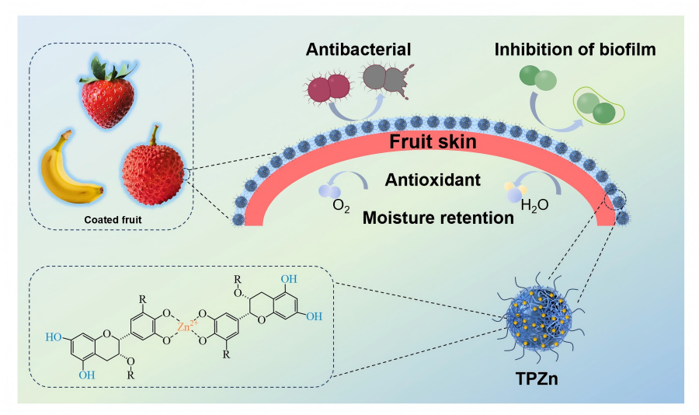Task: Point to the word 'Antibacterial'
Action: coord(357,50)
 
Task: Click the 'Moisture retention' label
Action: coord(438,218)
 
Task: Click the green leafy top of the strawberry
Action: coord(109,66)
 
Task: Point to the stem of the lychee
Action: coord(156,133)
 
